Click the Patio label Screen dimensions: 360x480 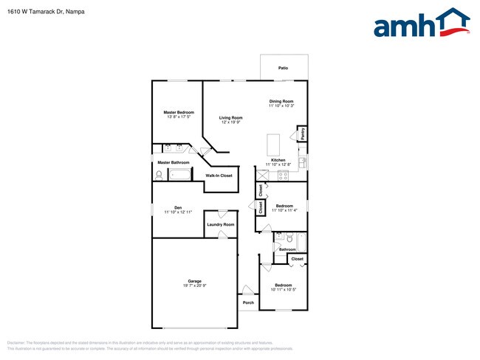pos(283,68)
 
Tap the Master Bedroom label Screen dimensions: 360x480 pos(179,112)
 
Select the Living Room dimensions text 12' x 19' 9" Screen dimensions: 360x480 pos(230,122)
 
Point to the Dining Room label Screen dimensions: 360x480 pos(281,101)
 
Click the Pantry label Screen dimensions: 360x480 pos(303,134)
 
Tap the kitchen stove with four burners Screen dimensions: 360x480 pos(283,175)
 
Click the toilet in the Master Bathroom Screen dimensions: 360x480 pos(158,175)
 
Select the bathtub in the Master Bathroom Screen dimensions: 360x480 pos(180,175)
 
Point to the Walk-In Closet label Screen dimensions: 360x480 pos(219,176)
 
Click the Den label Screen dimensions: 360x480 pos(178,207)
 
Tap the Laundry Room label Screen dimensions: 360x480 pos(220,224)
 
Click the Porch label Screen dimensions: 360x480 pos(248,302)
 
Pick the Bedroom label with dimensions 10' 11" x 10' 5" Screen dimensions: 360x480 pos(284,285)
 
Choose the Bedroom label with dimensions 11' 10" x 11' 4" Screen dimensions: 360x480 pos(284,206)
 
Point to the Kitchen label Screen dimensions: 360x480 pos(278,159)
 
